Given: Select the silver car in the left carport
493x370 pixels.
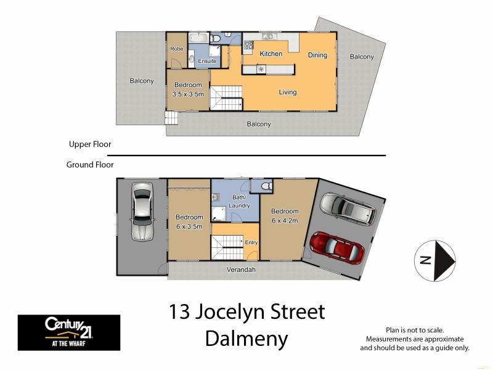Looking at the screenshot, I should (x=142, y=211).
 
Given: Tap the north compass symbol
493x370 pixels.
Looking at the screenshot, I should (x=436, y=260).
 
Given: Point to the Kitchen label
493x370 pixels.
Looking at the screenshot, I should (x=271, y=54).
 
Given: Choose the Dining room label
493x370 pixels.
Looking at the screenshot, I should (x=317, y=55).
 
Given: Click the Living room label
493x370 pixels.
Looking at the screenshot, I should (x=288, y=92).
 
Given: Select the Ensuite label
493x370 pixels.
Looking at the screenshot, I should (x=207, y=61).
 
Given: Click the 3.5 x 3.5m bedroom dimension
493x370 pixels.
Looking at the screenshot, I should (x=187, y=94).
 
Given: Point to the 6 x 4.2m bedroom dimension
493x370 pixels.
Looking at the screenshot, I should (x=285, y=220).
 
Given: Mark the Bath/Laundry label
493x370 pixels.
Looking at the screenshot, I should (x=238, y=201).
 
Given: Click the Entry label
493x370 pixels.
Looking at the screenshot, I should (x=251, y=242).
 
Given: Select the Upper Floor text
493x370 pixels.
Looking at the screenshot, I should (x=90, y=144).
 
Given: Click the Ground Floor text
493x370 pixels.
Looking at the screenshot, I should (x=90, y=165).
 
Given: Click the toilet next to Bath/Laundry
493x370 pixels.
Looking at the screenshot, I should (x=267, y=186).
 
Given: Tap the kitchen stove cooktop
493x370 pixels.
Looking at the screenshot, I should (x=249, y=44).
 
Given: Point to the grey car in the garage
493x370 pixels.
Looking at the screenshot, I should (x=347, y=209).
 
